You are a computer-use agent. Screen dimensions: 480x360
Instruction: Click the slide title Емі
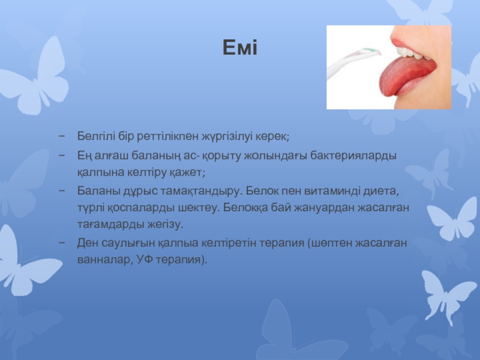pyautogui.click(x=239, y=47)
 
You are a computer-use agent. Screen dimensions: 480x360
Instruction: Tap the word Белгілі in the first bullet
pyautogui.click(x=96, y=136)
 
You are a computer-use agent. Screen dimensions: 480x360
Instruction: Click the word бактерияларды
pyautogui.click(x=353, y=156)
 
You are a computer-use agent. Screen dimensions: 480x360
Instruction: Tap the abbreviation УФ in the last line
pyautogui.click(x=145, y=260)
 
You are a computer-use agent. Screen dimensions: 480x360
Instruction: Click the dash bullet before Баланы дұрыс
pyautogui.click(x=62, y=191)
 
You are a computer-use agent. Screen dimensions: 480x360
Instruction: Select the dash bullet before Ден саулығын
pyautogui.click(x=62, y=243)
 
